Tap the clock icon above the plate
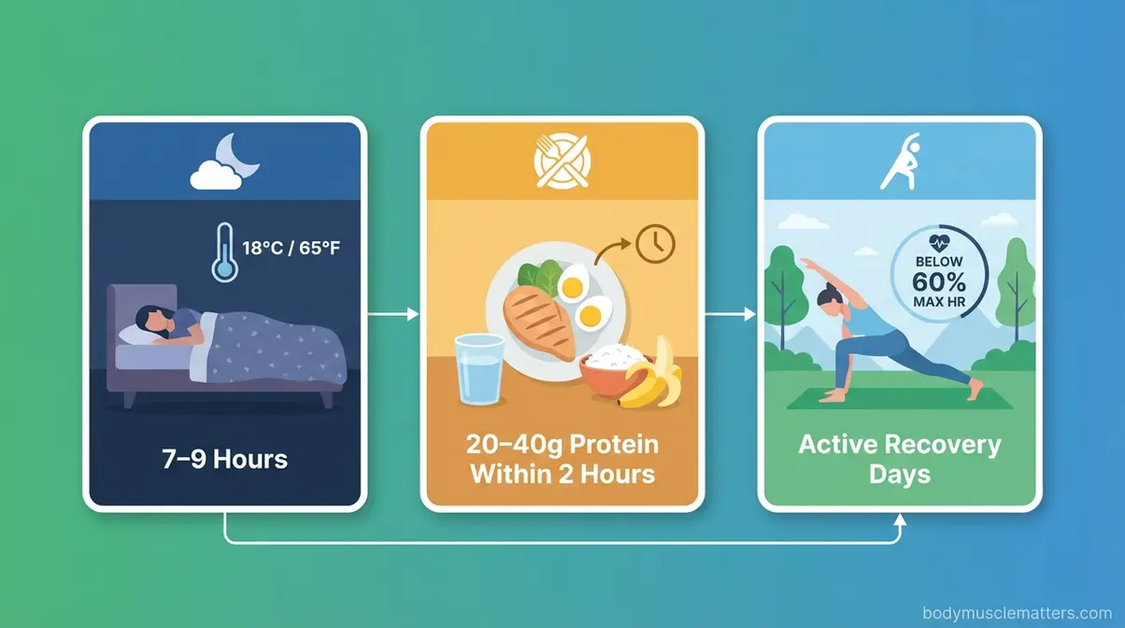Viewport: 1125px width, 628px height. point(654,244)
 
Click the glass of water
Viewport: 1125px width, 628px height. point(479,371)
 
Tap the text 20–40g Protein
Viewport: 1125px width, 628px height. point(562,443)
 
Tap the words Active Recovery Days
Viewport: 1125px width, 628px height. point(899,458)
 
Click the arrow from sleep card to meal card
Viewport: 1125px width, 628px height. point(392,315)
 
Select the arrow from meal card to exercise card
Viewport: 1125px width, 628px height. point(730,315)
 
